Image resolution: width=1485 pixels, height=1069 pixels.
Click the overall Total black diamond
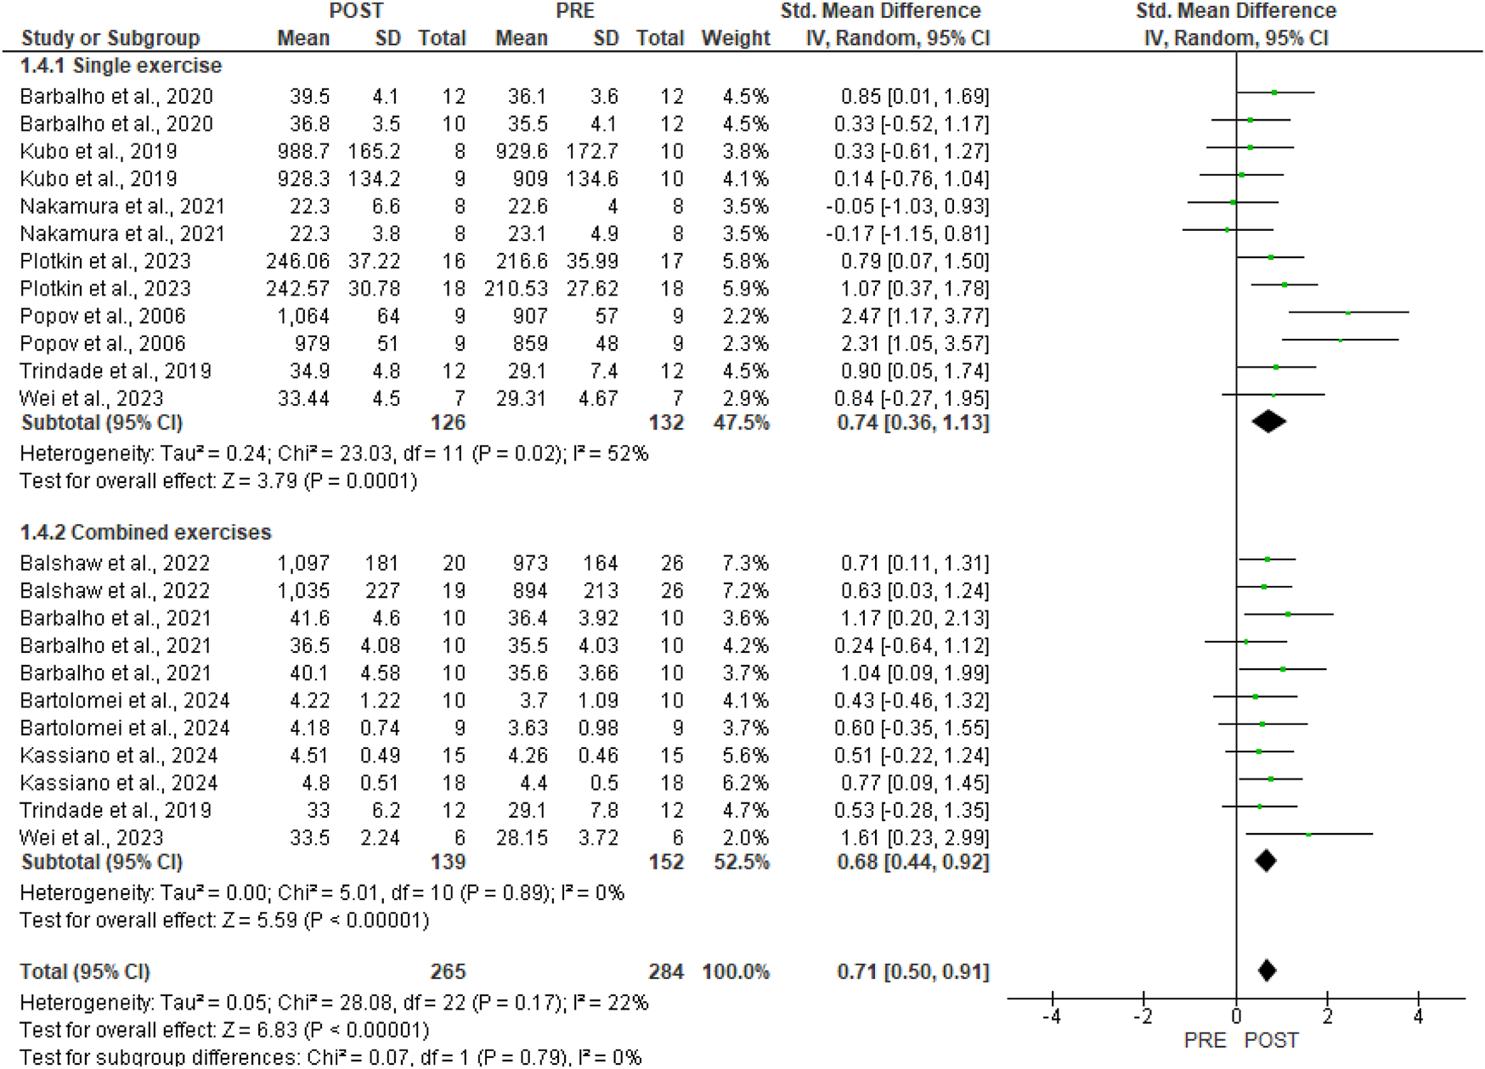click(x=1267, y=971)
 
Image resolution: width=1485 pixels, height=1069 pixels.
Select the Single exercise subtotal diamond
click(x=1268, y=421)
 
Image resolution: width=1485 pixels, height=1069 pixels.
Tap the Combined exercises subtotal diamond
click(x=1266, y=861)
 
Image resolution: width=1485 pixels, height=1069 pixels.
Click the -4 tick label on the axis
click(x=1052, y=1016)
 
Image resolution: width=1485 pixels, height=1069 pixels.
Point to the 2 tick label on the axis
click(x=1327, y=1016)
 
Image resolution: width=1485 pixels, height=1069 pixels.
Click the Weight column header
click(x=735, y=38)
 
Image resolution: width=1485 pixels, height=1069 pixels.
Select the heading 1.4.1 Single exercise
click(x=121, y=66)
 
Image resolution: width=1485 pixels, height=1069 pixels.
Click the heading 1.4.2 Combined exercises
click(x=145, y=532)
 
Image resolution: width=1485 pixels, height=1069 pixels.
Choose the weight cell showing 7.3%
click(x=745, y=563)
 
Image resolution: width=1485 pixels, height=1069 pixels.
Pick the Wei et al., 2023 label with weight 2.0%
click(x=91, y=837)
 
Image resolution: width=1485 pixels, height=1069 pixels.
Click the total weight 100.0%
click(x=735, y=971)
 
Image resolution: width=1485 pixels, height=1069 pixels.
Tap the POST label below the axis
click(x=1271, y=1041)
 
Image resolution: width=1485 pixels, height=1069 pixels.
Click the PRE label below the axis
click(x=1205, y=1041)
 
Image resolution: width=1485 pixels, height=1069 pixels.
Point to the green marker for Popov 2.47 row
click(x=1347, y=313)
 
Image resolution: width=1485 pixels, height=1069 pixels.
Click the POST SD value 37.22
click(x=374, y=262)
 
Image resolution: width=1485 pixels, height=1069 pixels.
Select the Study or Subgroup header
click(x=110, y=38)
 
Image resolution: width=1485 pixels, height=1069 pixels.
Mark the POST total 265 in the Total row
click(x=448, y=971)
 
